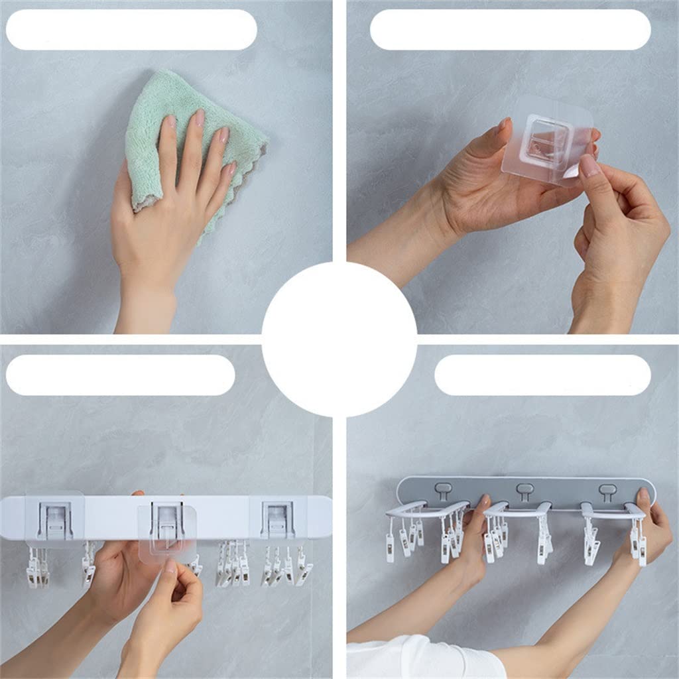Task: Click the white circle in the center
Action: pos(339,339)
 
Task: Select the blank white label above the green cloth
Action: pos(131,29)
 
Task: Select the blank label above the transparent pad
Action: pos(510,29)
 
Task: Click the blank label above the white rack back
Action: pos(120,375)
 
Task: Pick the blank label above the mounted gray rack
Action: pos(542,375)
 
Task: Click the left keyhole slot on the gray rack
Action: pos(444,491)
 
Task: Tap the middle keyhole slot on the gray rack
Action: pos(525,491)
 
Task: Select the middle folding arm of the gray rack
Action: pos(517,509)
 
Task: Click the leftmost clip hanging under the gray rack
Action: pos(390,547)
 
